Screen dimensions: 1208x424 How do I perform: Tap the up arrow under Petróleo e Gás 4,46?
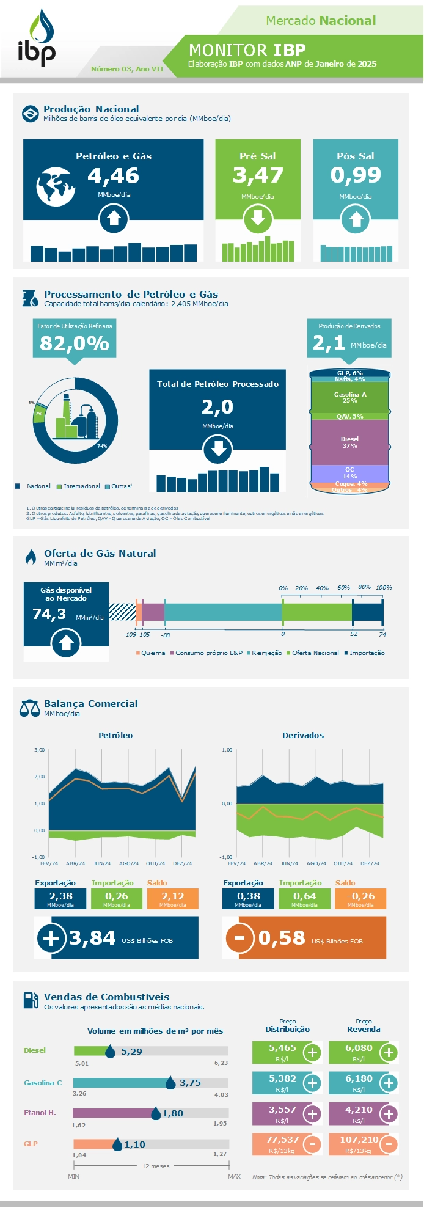[x=114, y=219]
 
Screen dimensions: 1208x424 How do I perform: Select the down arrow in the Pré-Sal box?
[x=258, y=219]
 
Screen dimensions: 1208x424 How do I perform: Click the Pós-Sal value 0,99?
[x=356, y=175]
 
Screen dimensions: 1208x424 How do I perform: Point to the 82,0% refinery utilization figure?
[x=75, y=343]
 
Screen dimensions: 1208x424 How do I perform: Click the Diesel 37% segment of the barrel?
[x=349, y=442]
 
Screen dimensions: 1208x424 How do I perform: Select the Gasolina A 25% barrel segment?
[x=349, y=397]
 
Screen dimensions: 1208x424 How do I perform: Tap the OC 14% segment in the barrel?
[x=349, y=473]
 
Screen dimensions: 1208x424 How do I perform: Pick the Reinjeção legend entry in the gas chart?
[x=266, y=653]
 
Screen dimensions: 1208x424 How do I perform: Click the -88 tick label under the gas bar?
[x=166, y=635]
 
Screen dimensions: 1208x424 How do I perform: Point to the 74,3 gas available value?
[x=49, y=614]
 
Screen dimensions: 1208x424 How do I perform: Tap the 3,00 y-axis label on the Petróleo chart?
[x=39, y=749]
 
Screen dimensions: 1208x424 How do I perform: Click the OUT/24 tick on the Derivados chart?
[x=343, y=863]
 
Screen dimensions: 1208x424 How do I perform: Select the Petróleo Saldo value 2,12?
[x=172, y=896]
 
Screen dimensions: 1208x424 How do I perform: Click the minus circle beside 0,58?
[x=239, y=938]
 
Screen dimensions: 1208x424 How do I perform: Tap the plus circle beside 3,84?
[x=51, y=938]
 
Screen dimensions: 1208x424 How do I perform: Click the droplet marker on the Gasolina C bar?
[x=171, y=1083]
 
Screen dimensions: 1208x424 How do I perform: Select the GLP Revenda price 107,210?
[x=359, y=1140]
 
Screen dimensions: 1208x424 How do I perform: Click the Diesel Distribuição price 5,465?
[x=282, y=1048]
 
